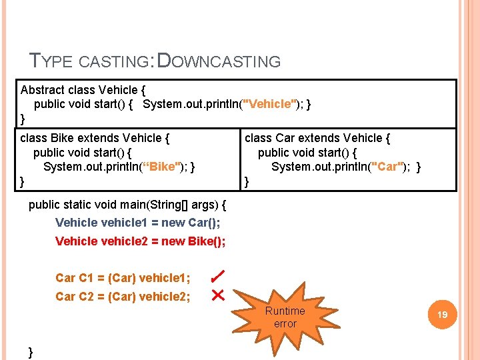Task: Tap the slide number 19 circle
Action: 442,313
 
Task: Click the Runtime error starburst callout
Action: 285,317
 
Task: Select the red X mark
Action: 217,295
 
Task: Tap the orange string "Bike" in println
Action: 163,166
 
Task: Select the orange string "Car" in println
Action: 387,166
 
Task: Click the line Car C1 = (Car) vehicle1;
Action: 123,277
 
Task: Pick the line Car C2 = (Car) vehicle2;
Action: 123,296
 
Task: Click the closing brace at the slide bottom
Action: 31,351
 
